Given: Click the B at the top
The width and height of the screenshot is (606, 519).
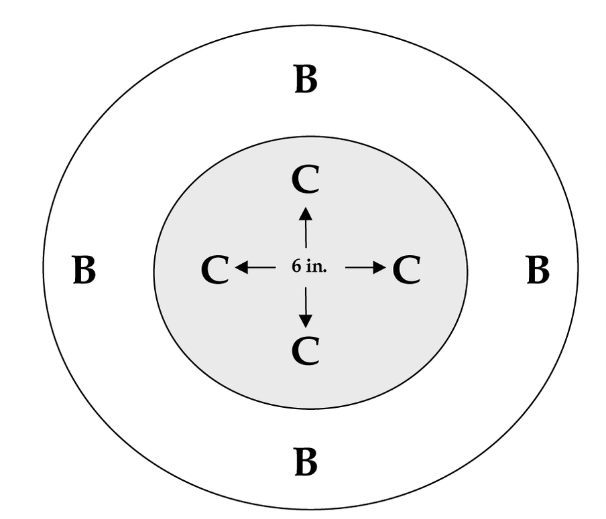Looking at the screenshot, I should click(x=306, y=80).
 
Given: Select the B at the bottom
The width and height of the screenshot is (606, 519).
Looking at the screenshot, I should click(x=306, y=463).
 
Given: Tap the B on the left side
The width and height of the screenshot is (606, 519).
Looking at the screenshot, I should click(x=84, y=271).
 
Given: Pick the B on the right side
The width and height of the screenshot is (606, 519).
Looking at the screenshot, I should click(x=538, y=271).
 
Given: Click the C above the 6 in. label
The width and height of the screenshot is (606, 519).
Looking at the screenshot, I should click(x=306, y=180).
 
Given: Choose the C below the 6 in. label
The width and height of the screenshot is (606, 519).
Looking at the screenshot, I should click(x=306, y=352).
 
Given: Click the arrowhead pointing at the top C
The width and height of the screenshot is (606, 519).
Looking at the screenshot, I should click(x=306, y=213).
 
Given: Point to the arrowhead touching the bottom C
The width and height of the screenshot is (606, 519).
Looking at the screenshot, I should click(x=306, y=321).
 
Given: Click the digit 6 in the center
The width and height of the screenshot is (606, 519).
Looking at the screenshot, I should click(x=296, y=267).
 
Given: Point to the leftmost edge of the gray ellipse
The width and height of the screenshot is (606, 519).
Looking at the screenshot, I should click(x=154, y=271).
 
